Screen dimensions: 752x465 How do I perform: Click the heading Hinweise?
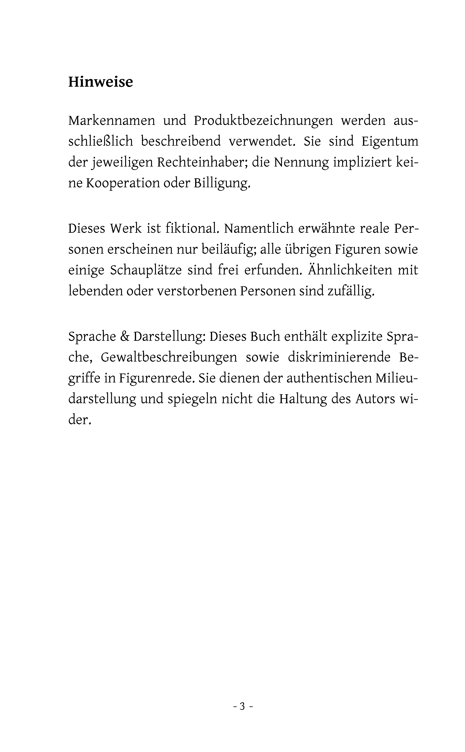click(101, 82)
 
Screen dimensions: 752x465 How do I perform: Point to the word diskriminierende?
click(339, 357)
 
